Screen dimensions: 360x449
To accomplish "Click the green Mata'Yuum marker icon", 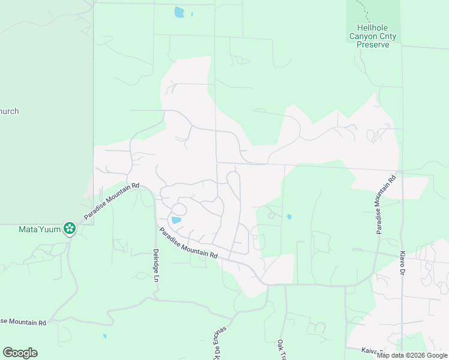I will click(70, 228).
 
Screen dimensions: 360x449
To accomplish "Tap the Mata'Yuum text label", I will click(40, 229).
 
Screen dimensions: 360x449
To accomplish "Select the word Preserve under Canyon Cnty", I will click(373, 44).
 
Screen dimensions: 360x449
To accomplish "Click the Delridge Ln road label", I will click(155, 266).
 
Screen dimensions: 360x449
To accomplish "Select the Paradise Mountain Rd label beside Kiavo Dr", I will click(385, 204).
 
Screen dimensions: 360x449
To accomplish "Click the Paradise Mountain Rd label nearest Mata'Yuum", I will click(112, 201).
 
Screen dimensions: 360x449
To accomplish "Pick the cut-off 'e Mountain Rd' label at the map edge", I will click(23, 322).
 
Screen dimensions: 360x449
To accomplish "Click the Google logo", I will click(20, 353).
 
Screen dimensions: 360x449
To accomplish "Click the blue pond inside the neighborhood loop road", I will click(176, 220).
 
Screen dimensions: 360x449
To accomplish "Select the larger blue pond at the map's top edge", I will click(179, 12).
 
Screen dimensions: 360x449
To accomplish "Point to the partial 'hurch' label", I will click(10, 111).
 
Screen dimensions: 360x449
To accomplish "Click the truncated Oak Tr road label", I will click(280, 350).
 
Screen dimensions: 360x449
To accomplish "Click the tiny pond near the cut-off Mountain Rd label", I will click(104, 336).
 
